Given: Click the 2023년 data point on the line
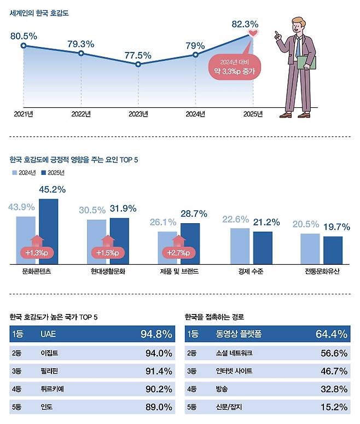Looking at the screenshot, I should pyautogui.click(x=138, y=65).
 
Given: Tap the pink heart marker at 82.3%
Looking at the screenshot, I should pyautogui.click(x=253, y=34).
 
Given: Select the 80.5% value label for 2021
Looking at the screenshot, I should pyautogui.click(x=24, y=36).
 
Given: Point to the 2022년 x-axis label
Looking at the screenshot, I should pyautogui.click(x=81, y=114).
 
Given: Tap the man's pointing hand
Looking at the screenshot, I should pyautogui.click(x=278, y=36).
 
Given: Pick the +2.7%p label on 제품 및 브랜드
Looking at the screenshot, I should pyautogui.click(x=177, y=253).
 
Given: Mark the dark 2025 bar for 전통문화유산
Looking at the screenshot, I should pyautogui.click(x=333, y=249).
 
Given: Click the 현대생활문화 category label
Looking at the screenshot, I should pyautogui.click(x=108, y=271).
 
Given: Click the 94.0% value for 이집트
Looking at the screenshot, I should pyautogui.click(x=159, y=353).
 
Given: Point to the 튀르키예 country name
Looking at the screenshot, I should pyautogui.click(x=51, y=388).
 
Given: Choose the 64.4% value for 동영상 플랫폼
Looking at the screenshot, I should pyautogui.click(x=332, y=334).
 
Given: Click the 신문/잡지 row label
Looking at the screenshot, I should pyautogui.click(x=230, y=406).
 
